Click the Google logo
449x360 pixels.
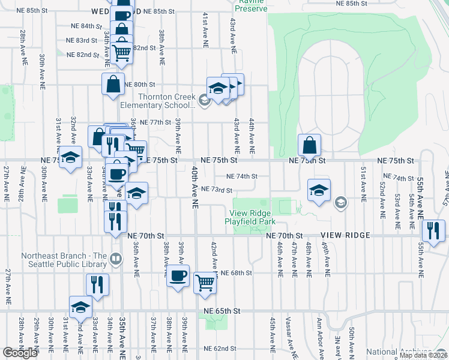click(19, 353)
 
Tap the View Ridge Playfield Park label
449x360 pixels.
click(249, 217)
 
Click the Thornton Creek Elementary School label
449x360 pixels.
click(167, 101)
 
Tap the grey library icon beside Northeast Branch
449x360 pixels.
click(116, 260)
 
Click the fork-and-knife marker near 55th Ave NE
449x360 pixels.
click(432, 230)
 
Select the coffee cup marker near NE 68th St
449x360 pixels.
click(178, 276)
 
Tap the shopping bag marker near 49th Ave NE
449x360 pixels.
click(309, 145)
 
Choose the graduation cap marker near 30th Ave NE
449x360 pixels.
click(70, 158)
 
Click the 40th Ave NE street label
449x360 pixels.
click(194, 187)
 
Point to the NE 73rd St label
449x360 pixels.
click(217, 190)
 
